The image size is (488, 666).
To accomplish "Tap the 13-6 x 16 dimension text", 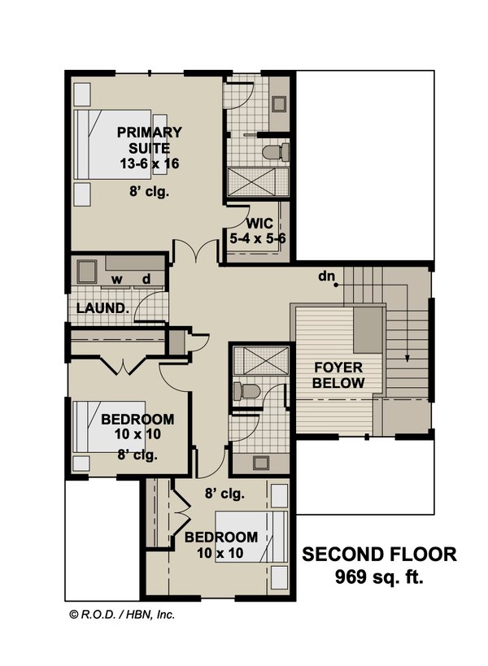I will click(x=148, y=163).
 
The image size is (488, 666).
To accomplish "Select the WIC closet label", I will click(x=259, y=223).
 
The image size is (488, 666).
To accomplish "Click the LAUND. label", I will click(x=102, y=308).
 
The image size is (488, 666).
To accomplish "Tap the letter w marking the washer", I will click(x=117, y=281).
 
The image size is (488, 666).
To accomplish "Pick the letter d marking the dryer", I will click(x=147, y=281).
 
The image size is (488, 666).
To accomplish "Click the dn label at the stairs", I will click(x=327, y=277).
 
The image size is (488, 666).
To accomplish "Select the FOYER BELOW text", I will click(x=337, y=375).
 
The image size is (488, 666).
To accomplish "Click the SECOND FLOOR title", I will click(x=379, y=555).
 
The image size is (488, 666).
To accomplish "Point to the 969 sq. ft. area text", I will click(x=379, y=578).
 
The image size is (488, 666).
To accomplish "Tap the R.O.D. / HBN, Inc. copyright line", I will click(x=121, y=615).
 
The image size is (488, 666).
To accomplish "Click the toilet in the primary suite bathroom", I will click(x=277, y=152).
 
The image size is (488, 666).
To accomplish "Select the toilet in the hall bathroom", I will click(x=246, y=392).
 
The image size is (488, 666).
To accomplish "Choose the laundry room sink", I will click(x=85, y=269).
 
